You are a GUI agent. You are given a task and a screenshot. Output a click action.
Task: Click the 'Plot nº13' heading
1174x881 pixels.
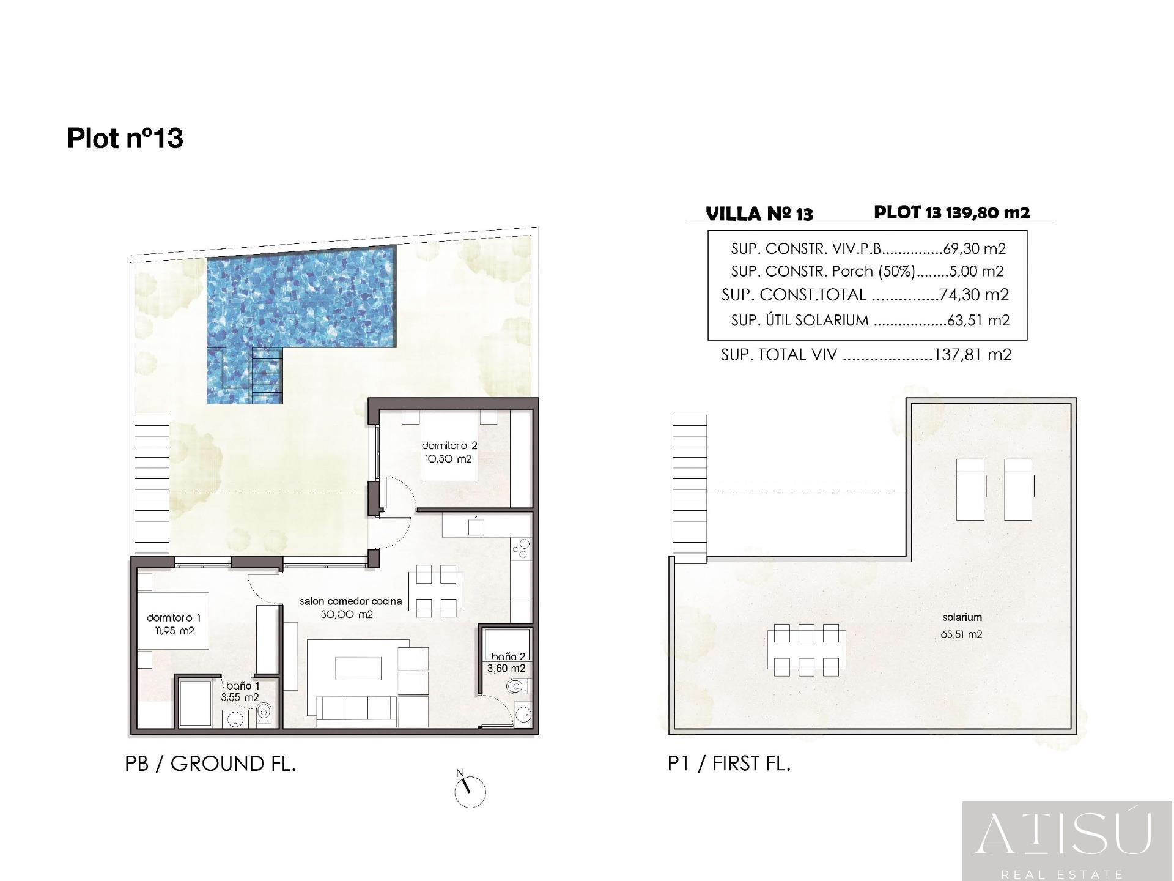point(125,138)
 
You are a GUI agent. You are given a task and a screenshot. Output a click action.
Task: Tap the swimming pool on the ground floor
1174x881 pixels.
point(301,306)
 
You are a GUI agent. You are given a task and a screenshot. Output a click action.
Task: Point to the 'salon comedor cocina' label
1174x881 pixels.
point(350,601)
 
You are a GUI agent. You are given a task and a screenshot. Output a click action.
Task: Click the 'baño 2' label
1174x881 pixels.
point(508,657)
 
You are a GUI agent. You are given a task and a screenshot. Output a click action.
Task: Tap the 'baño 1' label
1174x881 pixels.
point(242,686)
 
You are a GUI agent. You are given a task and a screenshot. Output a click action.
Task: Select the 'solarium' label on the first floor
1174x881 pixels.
point(962,618)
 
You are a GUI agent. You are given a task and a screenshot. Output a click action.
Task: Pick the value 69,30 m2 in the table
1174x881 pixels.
point(975,249)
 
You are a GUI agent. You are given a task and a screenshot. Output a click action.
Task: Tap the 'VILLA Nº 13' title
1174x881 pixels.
point(759,214)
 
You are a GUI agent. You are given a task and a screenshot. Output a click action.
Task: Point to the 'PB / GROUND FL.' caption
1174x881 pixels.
point(210,764)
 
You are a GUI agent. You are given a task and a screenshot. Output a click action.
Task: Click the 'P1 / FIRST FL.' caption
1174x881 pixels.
point(729,764)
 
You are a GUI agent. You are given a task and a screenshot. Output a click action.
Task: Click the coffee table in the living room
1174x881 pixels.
point(358,667)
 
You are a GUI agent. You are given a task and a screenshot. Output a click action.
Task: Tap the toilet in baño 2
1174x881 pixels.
point(516,687)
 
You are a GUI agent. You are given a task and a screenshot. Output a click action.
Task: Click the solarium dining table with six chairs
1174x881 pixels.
point(806,650)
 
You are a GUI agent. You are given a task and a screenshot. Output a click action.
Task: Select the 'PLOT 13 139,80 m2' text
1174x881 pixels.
point(951,212)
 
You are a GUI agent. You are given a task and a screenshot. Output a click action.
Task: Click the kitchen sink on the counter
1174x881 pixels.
point(476,526)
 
